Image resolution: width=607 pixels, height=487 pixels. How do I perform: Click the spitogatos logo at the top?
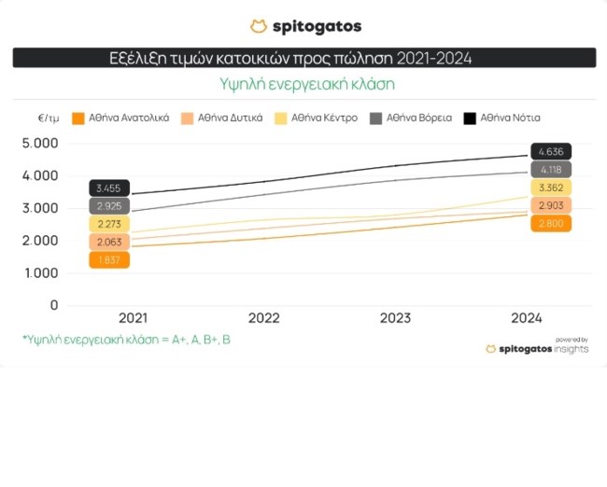pos(304,26)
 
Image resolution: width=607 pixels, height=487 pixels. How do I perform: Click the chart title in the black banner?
pos(304,59)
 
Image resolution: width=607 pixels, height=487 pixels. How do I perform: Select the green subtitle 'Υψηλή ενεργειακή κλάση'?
pos(304,84)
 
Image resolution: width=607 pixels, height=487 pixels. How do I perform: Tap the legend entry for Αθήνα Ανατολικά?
pos(121,118)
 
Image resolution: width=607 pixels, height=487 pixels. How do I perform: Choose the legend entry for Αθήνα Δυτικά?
pos(222,118)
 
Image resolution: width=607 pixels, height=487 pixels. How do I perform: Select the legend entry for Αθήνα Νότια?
pos(510,118)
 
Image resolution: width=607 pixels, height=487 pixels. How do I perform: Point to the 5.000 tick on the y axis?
pos(39,143)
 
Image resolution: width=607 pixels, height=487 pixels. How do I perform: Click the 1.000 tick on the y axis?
pos(39,272)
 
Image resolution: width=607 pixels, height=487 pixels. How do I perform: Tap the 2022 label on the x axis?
pos(264,318)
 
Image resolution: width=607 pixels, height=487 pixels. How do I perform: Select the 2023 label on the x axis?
pos(395,318)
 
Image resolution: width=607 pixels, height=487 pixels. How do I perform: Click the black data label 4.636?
pos(550,151)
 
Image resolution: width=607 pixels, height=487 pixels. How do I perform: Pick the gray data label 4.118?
pos(550,170)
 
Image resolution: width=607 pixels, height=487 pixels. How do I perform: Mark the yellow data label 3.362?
pos(550,188)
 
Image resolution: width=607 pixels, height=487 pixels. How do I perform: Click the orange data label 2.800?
pos(550,224)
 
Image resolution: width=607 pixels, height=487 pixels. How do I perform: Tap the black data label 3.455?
pos(109,188)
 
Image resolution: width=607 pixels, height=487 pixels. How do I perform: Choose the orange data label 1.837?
pos(109,260)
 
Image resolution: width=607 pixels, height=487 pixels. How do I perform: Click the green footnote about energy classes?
pos(127,340)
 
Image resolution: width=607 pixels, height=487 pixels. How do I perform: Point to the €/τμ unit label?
pos(49,118)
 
